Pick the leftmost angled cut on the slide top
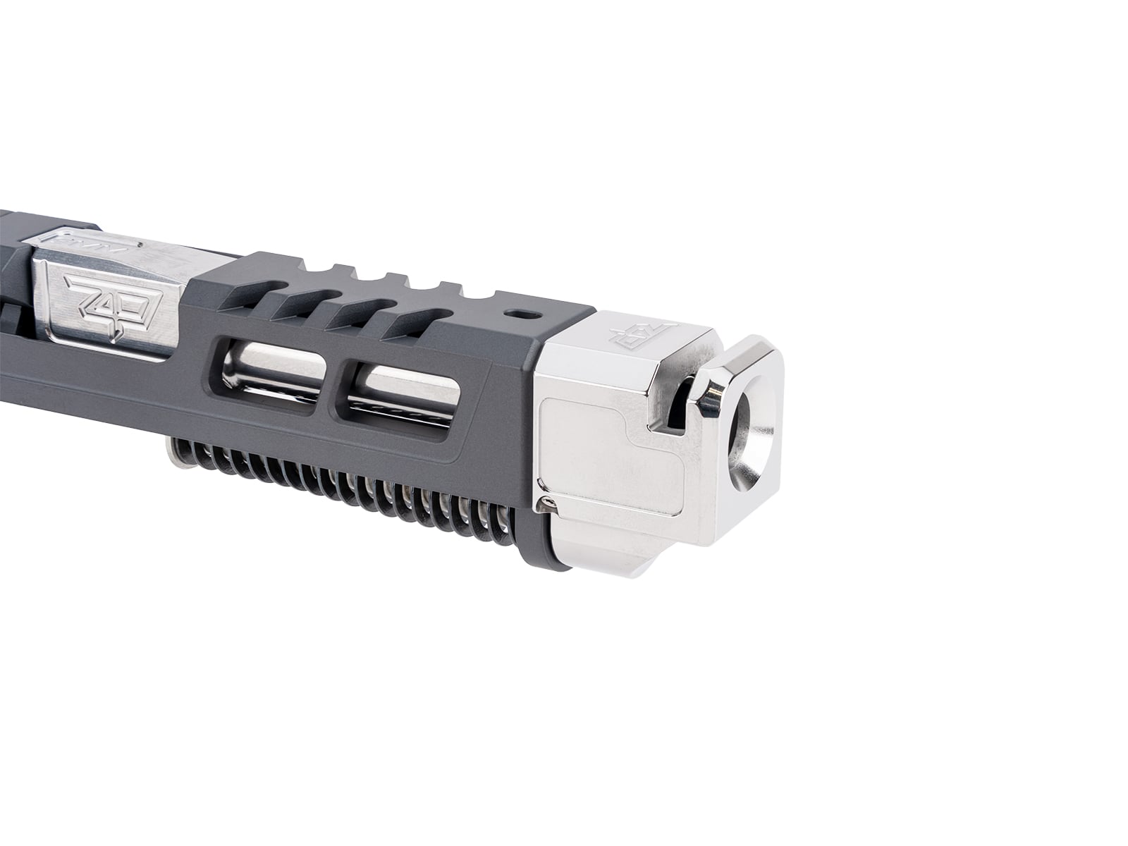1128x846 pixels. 295,299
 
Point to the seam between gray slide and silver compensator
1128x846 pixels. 539,423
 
